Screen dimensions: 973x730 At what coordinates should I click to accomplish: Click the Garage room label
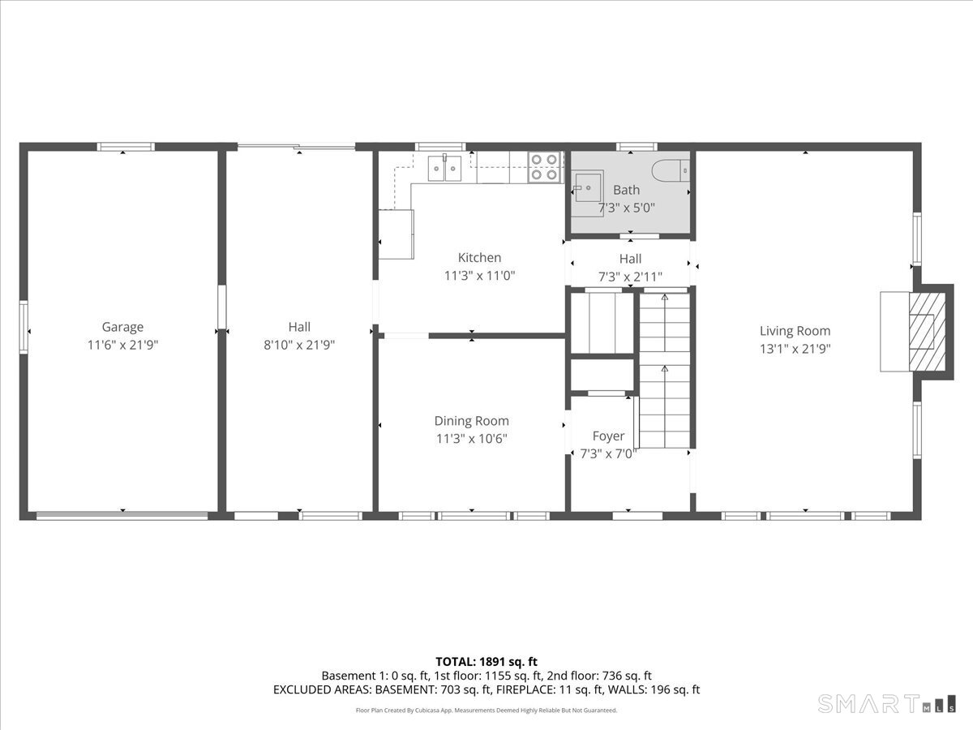pos(122,327)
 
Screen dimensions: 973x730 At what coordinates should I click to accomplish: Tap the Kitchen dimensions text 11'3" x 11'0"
pos(480,276)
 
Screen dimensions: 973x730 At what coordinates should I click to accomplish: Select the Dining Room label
pos(471,421)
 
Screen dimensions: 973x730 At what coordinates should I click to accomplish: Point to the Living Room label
pos(795,331)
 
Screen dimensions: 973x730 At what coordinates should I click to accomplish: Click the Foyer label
pos(608,436)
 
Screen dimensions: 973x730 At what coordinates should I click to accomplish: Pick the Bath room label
pos(626,190)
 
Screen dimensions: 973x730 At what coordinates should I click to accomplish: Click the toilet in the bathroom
pos(671,170)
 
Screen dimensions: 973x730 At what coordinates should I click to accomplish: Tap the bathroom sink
pos(587,188)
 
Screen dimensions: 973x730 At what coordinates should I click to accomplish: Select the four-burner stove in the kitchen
pos(545,167)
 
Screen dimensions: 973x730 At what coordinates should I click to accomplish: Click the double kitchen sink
pos(444,168)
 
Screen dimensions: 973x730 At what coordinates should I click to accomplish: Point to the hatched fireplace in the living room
pos(927,332)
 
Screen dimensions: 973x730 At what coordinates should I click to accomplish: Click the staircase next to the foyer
pos(664,371)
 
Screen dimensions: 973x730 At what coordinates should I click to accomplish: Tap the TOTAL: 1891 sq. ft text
pos(486,662)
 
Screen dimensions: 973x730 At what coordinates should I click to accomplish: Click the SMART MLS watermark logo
pos(886,703)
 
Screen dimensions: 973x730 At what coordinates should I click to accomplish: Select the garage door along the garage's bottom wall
pos(122,516)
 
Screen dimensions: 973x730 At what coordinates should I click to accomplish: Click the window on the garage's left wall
pos(24,327)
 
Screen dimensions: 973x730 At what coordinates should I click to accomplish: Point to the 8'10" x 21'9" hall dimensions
pos(299,345)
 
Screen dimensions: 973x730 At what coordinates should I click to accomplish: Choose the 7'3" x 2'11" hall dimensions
pos(630,277)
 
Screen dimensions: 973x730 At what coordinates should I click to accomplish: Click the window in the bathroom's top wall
pos(637,147)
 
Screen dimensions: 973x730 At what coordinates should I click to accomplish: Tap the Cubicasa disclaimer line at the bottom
pos(486,711)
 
